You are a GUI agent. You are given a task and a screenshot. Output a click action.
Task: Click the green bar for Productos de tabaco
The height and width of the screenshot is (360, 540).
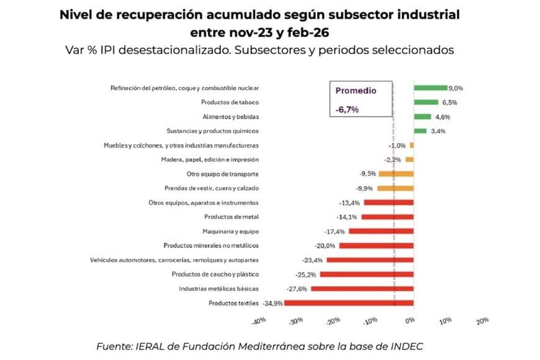pos(426,102)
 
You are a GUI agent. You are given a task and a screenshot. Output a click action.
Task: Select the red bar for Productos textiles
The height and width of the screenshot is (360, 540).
pos(349,303)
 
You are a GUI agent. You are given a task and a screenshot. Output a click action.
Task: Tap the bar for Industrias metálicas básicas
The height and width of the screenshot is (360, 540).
pos(362,289)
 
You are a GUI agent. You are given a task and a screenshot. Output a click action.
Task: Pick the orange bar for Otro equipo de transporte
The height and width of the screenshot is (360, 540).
pos(395,174)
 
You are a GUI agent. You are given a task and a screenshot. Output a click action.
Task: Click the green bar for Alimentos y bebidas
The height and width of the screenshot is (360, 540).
pos(422,117)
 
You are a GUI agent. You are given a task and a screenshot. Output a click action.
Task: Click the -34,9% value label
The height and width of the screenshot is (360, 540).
pos(273,303)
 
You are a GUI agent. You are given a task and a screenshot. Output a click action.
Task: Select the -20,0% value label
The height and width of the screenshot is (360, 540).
pos(328,246)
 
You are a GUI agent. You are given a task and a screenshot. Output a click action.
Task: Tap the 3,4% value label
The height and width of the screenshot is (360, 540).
pos(438,131)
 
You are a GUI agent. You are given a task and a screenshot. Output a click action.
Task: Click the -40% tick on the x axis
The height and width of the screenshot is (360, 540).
pos(259,321)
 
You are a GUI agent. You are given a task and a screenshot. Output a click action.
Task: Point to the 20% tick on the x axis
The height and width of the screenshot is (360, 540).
pos(482,321)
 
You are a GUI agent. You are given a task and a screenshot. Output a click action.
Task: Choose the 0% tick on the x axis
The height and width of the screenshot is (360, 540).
pos(410,321)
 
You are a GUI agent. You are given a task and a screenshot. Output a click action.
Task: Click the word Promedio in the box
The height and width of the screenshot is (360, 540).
pos(356,91)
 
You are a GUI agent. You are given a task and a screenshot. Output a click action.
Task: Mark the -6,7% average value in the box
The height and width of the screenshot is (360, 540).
pos(347,109)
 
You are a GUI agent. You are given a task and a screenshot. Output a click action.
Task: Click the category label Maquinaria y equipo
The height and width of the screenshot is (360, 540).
pos(231,232)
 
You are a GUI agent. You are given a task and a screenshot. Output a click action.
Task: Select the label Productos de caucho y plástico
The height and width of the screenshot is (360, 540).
pos(215,274)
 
